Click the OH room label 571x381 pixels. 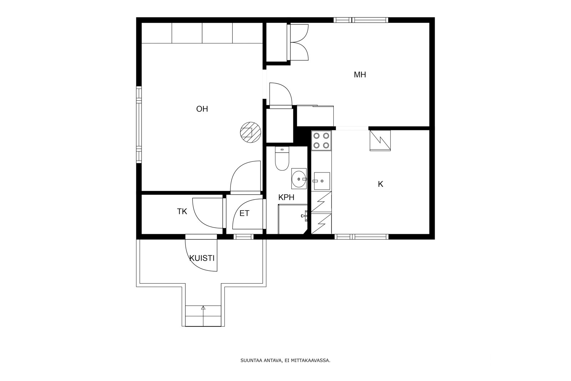202,109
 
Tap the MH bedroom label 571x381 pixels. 360,75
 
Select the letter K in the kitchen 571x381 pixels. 380,184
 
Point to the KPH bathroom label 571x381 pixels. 286,197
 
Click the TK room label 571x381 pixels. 182,211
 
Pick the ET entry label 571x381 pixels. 244,213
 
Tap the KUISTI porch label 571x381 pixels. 202,258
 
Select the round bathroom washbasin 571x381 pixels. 299,179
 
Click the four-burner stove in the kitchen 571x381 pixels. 321,140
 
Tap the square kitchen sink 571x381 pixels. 322,181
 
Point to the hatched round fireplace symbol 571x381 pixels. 251,132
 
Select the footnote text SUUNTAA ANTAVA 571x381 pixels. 261,361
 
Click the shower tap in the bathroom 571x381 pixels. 304,216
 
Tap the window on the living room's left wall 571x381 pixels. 139,125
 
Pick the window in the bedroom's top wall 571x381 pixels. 361,20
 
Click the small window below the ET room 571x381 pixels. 243,237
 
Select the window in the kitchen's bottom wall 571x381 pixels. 362,237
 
